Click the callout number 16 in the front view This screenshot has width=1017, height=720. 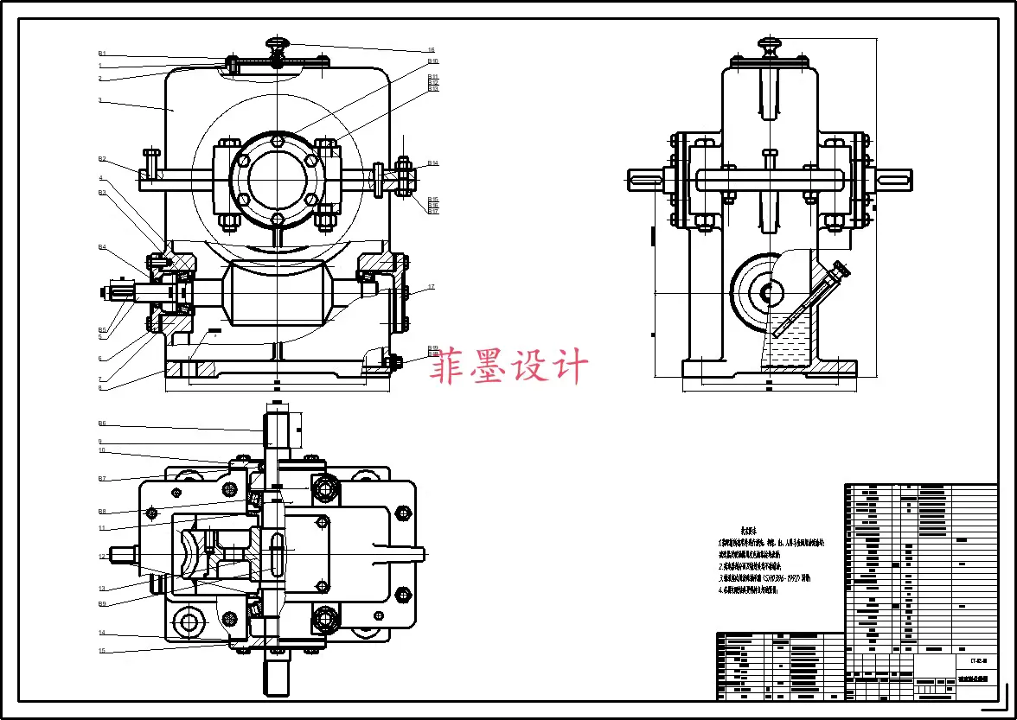coord(431,50)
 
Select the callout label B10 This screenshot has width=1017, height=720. coord(433,62)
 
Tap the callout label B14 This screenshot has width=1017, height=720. coord(433,163)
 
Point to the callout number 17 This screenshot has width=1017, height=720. coord(431,287)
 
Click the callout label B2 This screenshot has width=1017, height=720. coord(101,159)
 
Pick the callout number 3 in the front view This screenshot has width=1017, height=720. coord(100,100)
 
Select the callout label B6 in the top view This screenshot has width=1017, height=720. coord(101,424)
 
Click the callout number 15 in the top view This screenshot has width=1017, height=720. coord(101,651)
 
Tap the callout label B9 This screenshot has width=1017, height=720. coord(101,603)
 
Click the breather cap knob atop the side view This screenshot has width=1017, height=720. coord(769,42)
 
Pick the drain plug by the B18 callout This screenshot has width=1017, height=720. coord(391,361)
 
